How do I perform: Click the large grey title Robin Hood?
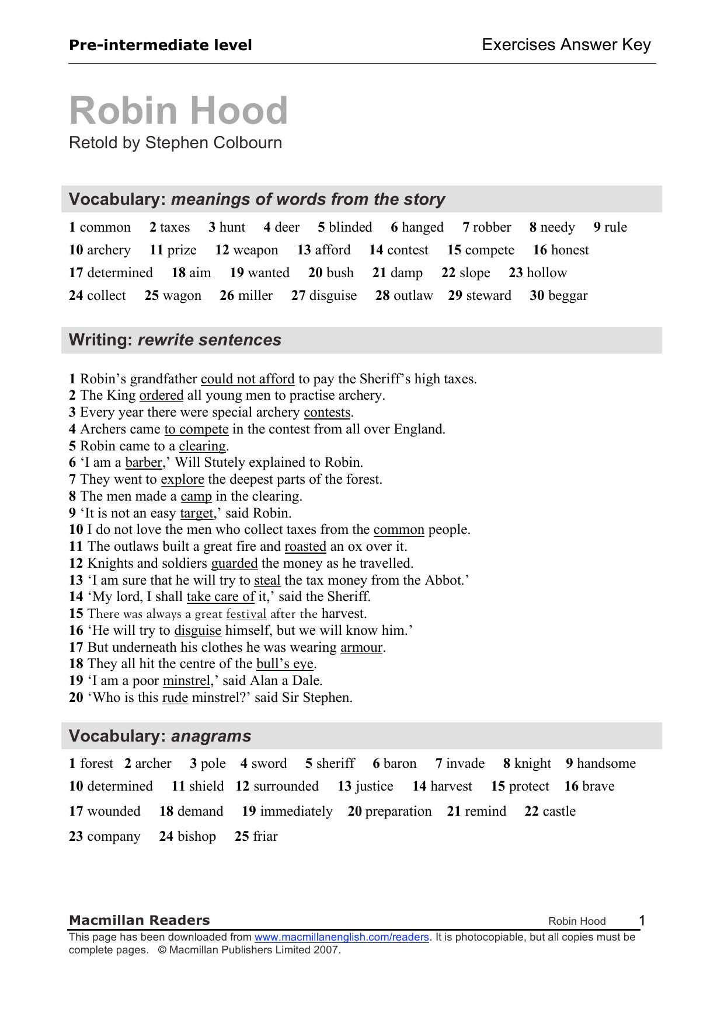click(179, 110)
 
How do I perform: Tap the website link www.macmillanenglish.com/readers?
click(342, 937)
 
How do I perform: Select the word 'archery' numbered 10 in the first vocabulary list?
click(109, 250)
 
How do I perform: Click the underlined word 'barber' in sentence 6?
click(144, 463)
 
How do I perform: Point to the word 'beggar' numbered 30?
click(568, 295)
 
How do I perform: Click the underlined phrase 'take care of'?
click(220, 596)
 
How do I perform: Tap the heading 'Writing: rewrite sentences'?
click(175, 340)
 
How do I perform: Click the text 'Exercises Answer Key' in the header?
click(566, 45)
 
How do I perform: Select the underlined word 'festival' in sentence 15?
click(246, 614)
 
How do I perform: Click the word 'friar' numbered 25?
click(265, 836)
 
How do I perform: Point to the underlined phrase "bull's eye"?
click(285, 664)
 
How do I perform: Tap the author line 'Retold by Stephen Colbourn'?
click(175, 143)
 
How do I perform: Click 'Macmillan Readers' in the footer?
click(139, 920)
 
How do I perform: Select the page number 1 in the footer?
click(642, 921)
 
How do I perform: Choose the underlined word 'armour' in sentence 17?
click(361, 647)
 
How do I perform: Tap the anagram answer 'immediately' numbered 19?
click(296, 811)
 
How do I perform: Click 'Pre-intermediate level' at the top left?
click(161, 45)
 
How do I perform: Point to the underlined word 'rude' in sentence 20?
click(175, 697)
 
